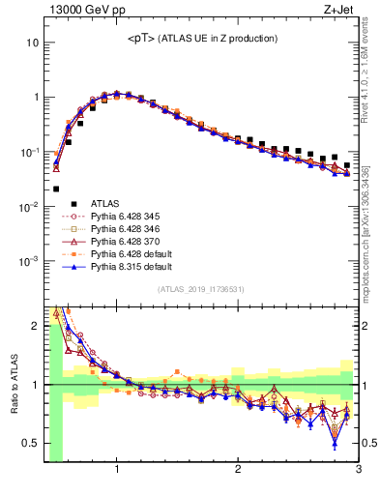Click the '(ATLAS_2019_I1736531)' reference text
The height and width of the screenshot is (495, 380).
coord(200,289)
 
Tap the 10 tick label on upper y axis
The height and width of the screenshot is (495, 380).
coord(32,44)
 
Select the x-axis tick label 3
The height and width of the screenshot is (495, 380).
coord(358,470)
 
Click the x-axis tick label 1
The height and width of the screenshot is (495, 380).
coord(117,470)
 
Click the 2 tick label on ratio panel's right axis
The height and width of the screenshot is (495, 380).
coord(367,326)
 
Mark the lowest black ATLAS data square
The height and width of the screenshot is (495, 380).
coord(56,189)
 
